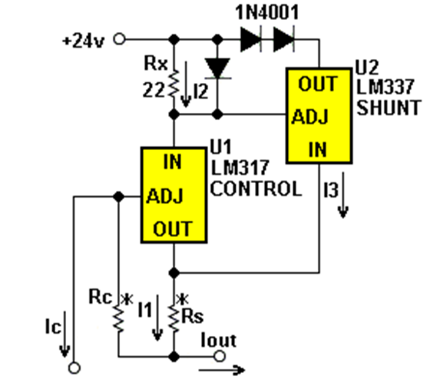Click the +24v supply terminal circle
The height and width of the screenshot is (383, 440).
[x=119, y=39]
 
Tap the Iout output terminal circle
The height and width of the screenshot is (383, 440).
[x=220, y=356]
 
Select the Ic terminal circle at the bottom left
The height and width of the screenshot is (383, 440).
[x=74, y=368]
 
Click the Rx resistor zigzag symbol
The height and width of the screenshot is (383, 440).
[x=174, y=84]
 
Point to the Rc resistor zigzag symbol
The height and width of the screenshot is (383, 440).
[x=118, y=319]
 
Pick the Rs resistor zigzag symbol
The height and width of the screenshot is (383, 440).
[x=174, y=319]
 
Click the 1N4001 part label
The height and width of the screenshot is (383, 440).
[x=267, y=12]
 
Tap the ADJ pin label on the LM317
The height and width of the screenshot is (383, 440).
[x=165, y=196]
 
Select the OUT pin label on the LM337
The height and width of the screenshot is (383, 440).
[x=318, y=84]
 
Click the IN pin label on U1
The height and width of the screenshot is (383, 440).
[x=172, y=162]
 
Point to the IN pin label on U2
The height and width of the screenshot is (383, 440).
[x=318, y=149]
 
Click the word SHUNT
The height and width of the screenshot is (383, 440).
[x=389, y=108]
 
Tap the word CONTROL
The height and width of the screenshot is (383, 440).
[x=256, y=188]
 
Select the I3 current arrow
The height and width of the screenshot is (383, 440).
[x=342, y=195]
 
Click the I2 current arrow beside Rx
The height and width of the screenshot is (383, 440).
[x=186, y=85]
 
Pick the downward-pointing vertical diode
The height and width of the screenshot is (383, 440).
[x=217, y=68]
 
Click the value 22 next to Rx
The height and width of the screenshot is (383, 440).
[x=154, y=90]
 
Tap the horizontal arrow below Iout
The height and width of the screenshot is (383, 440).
[x=222, y=370]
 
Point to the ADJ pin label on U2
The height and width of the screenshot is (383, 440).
[x=310, y=117]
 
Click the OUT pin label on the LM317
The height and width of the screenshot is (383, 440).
[x=173, y=228]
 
